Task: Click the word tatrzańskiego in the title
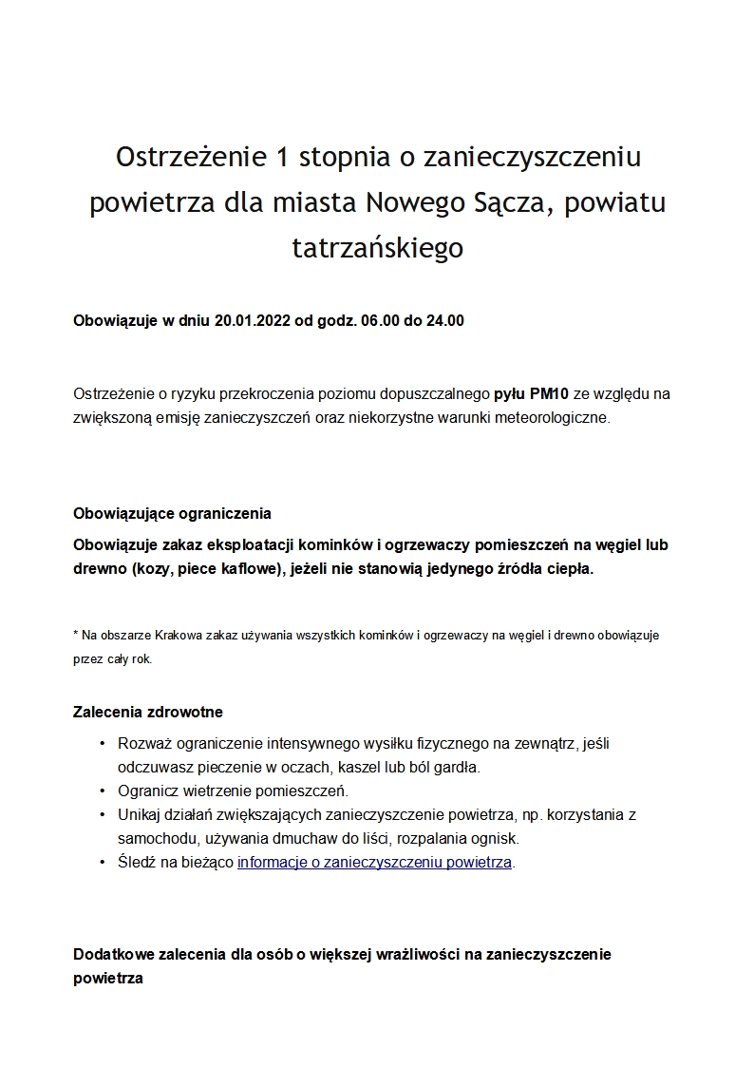pyautogui.click(x=377, y=248)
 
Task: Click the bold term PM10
pyautogui.click(x=547, y=392)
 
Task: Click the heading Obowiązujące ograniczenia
pyautogui.click(x=172, y=513)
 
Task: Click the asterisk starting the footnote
pyautogui.click(x=76, y=633)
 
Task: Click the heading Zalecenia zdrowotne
pyautogui.click(x=148, y=712)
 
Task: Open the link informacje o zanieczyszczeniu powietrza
pyautogui.click(x=374, y=863)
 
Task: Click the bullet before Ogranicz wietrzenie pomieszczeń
pyautogui.click(x=102, y=791)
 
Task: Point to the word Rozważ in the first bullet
pyautogui.click(x=142, y=742)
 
